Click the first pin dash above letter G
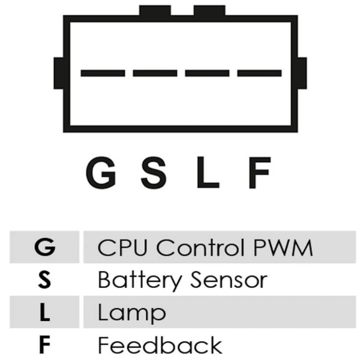(103, 73)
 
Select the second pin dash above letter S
(155, 73)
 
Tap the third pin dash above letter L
(207, 73)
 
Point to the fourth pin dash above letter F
(259, 73)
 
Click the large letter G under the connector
(100, 172)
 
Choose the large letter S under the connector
(153, 172)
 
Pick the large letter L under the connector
(208, 172)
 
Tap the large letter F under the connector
(260, 172)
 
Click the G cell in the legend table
(45, 247)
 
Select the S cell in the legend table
(44, 279)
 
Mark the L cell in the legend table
(45, 312)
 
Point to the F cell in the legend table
(45, 345)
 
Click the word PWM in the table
(283, 247)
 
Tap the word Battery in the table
(139, 280)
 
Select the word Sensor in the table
(229, 280)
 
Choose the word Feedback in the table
(160, 345)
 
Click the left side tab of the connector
(58, 73)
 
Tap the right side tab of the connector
(302, 73)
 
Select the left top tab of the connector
(155, 10)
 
